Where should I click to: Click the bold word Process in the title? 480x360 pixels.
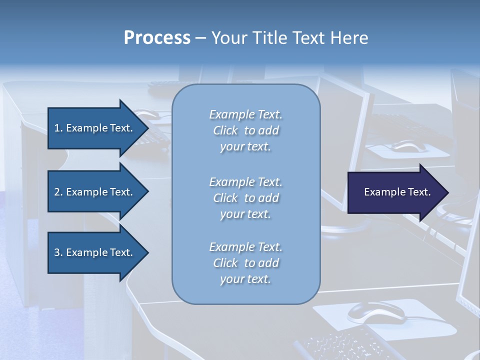pos(157,38)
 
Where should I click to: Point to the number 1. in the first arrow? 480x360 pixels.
pos(58,128)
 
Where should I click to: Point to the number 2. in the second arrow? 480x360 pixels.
pos(58,192)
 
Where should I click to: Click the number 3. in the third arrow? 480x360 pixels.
pos(58,252)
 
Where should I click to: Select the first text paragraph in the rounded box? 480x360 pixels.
pos(245,130)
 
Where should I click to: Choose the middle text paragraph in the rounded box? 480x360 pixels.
pos(245,198)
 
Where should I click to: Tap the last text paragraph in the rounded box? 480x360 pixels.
pos(245,263)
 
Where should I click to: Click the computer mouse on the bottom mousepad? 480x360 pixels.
pos(375,312)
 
